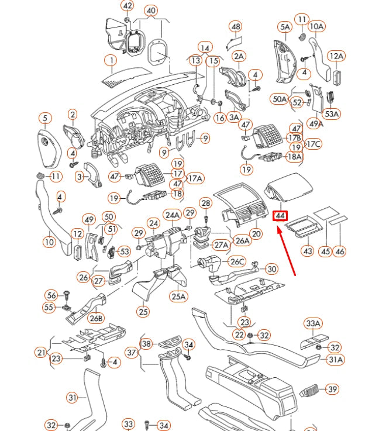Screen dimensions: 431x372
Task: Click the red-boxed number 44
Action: pos(281,216)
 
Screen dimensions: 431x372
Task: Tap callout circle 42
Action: pos(127,6)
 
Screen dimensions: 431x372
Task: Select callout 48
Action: pos(236,27)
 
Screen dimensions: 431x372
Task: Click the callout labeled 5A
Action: pos(285,27)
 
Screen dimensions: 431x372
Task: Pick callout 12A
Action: pos(336,56)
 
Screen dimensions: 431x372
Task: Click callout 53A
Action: pos(332,114)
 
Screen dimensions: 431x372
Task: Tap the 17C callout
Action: pos(314,144)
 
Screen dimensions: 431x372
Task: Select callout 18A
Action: pos(294,156)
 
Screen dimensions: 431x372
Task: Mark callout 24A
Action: pos(172,215)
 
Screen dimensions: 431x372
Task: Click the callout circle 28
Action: pos(205,203)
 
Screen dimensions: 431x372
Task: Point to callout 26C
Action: pos(236,261)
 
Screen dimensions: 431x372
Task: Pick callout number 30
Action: pos(271,269)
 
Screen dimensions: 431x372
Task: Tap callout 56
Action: pos(52,295)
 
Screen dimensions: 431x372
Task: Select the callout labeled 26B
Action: pos(96,318)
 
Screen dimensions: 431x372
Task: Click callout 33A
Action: pos(314,323)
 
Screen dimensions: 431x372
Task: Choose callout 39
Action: pos(332,389)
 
